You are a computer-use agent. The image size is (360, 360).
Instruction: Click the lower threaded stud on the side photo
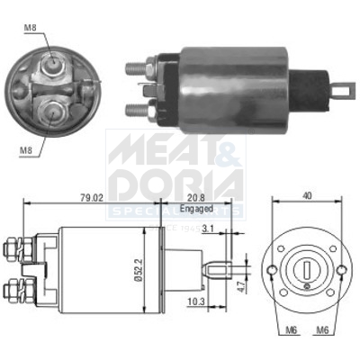pyautogui.click(x=133, y=110)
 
